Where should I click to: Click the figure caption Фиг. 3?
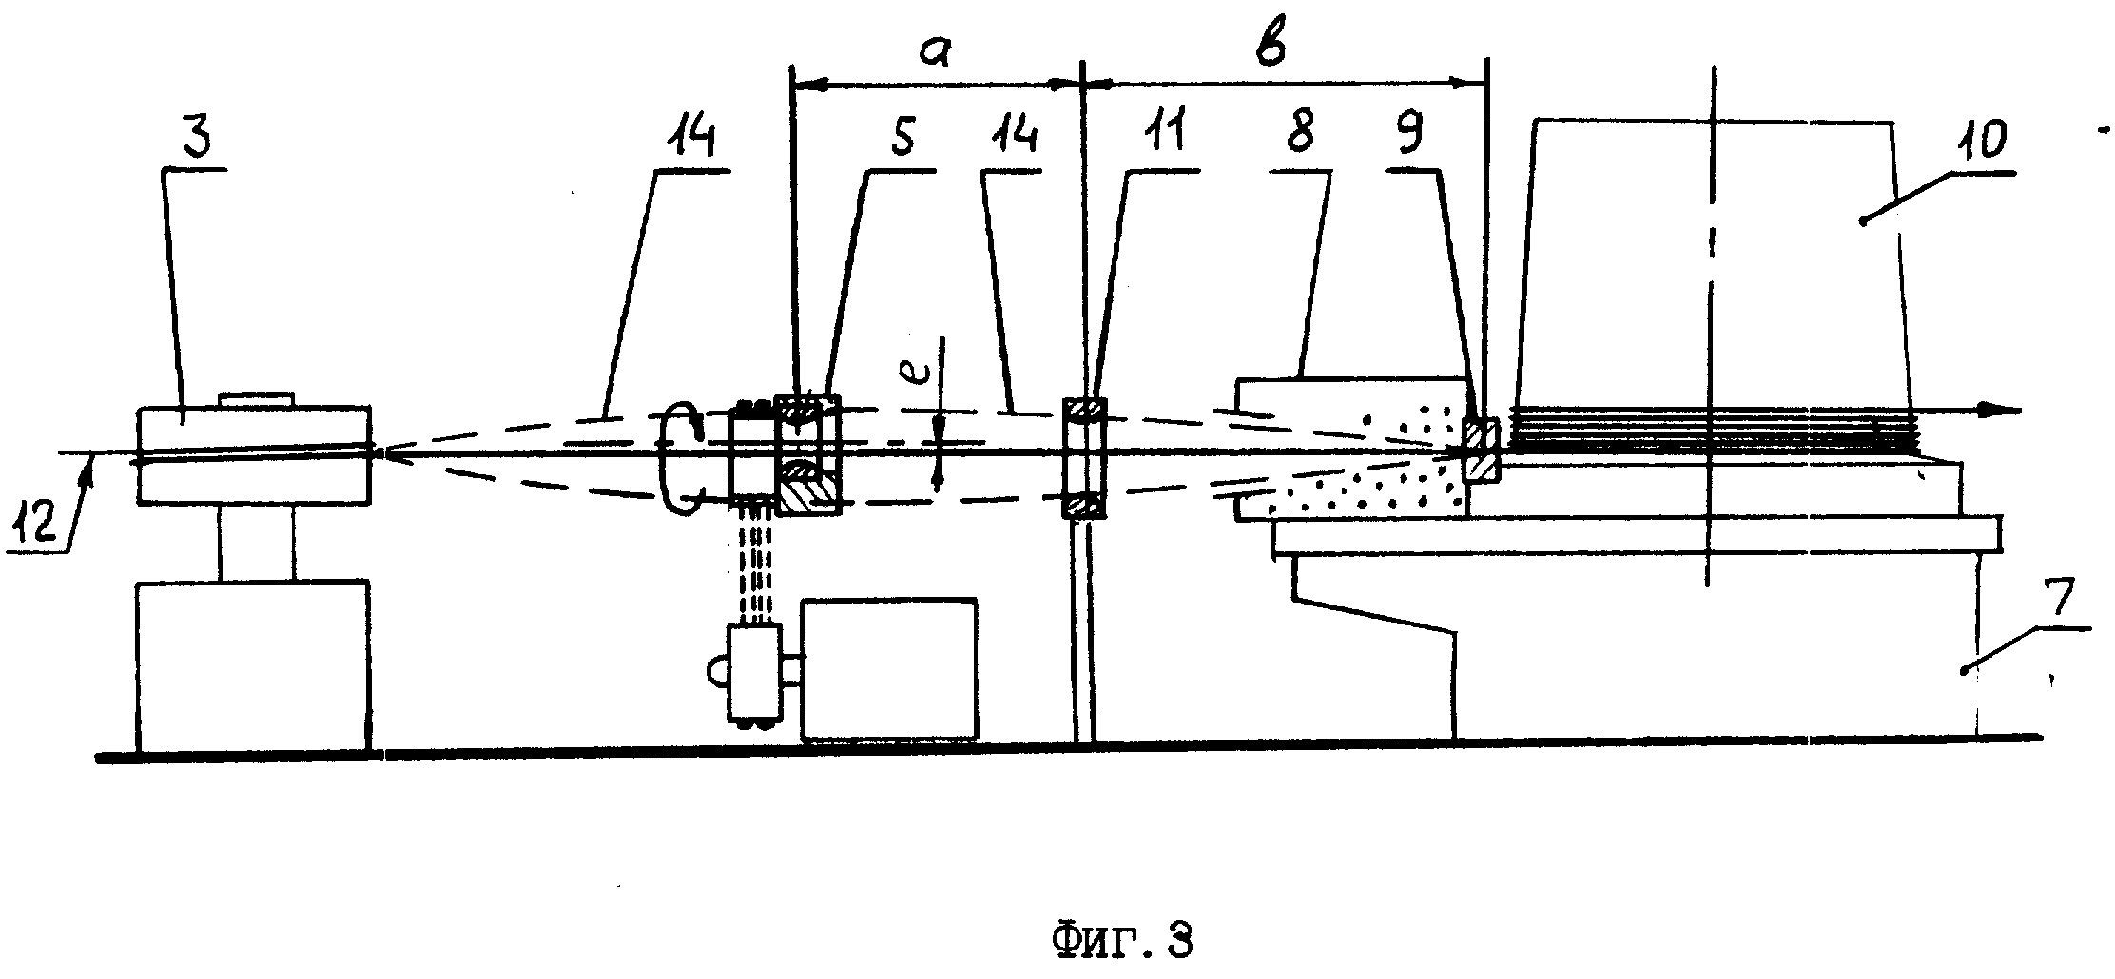pos(1122,941)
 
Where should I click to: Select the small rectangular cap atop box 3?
pos(257,400)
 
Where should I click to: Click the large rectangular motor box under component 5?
pos(889,668)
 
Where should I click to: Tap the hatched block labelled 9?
pos(1481,450)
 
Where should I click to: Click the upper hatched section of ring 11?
pos(1084,409)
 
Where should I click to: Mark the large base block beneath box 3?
pos(253,665)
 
